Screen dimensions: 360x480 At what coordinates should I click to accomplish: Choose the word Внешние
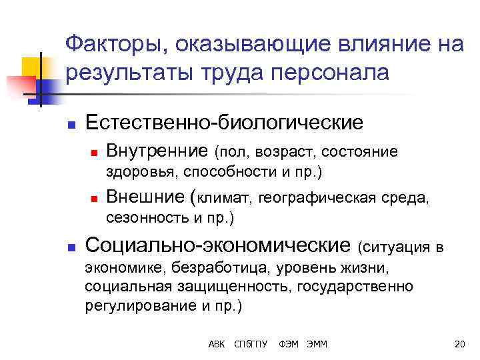pos(147,197)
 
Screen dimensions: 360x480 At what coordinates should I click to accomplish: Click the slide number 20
pos(458,344)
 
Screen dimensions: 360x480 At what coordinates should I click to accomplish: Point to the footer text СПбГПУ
pos(250,344)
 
